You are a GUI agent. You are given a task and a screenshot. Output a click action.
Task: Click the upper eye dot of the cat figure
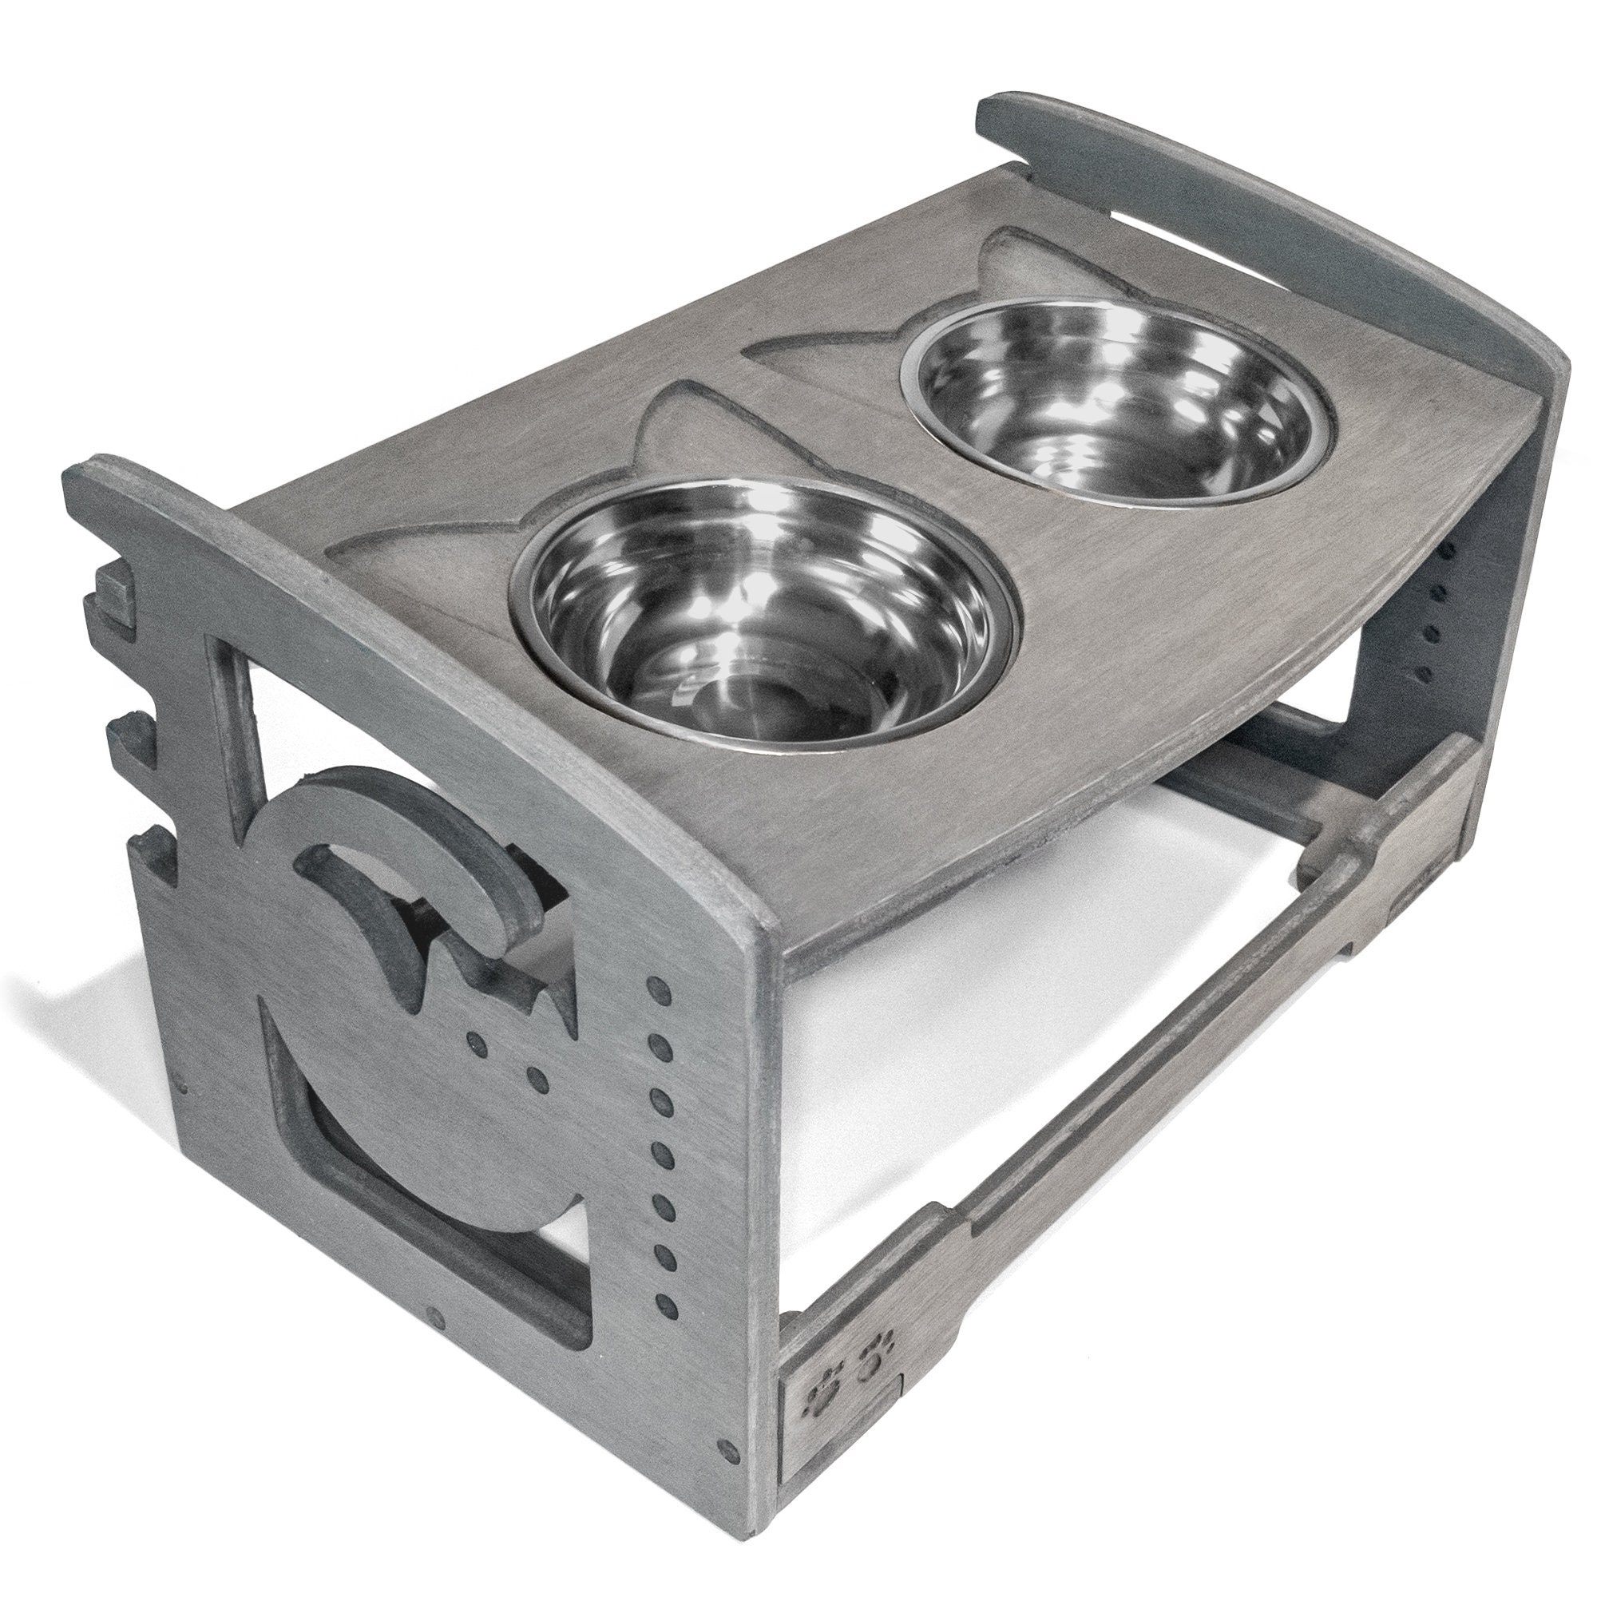pyautogui.click(x=474, y=1037)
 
